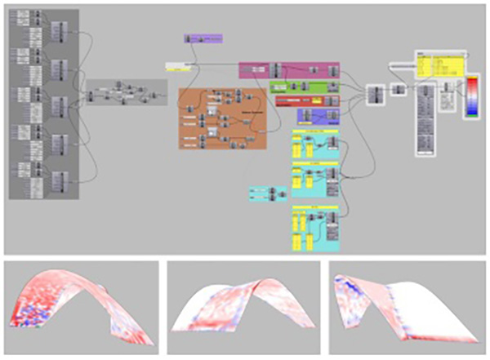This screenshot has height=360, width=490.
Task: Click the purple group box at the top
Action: click(x=203, y=38)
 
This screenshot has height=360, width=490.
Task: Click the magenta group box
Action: click(x=293, y=69)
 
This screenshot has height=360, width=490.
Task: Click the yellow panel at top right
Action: click(x=439, y=65)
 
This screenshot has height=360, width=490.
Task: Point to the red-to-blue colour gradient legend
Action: click(x=473, y=97)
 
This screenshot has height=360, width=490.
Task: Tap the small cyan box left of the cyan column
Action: click(x=268, y=193)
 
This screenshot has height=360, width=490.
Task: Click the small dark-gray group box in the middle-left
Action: click(x=126, y=91)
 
